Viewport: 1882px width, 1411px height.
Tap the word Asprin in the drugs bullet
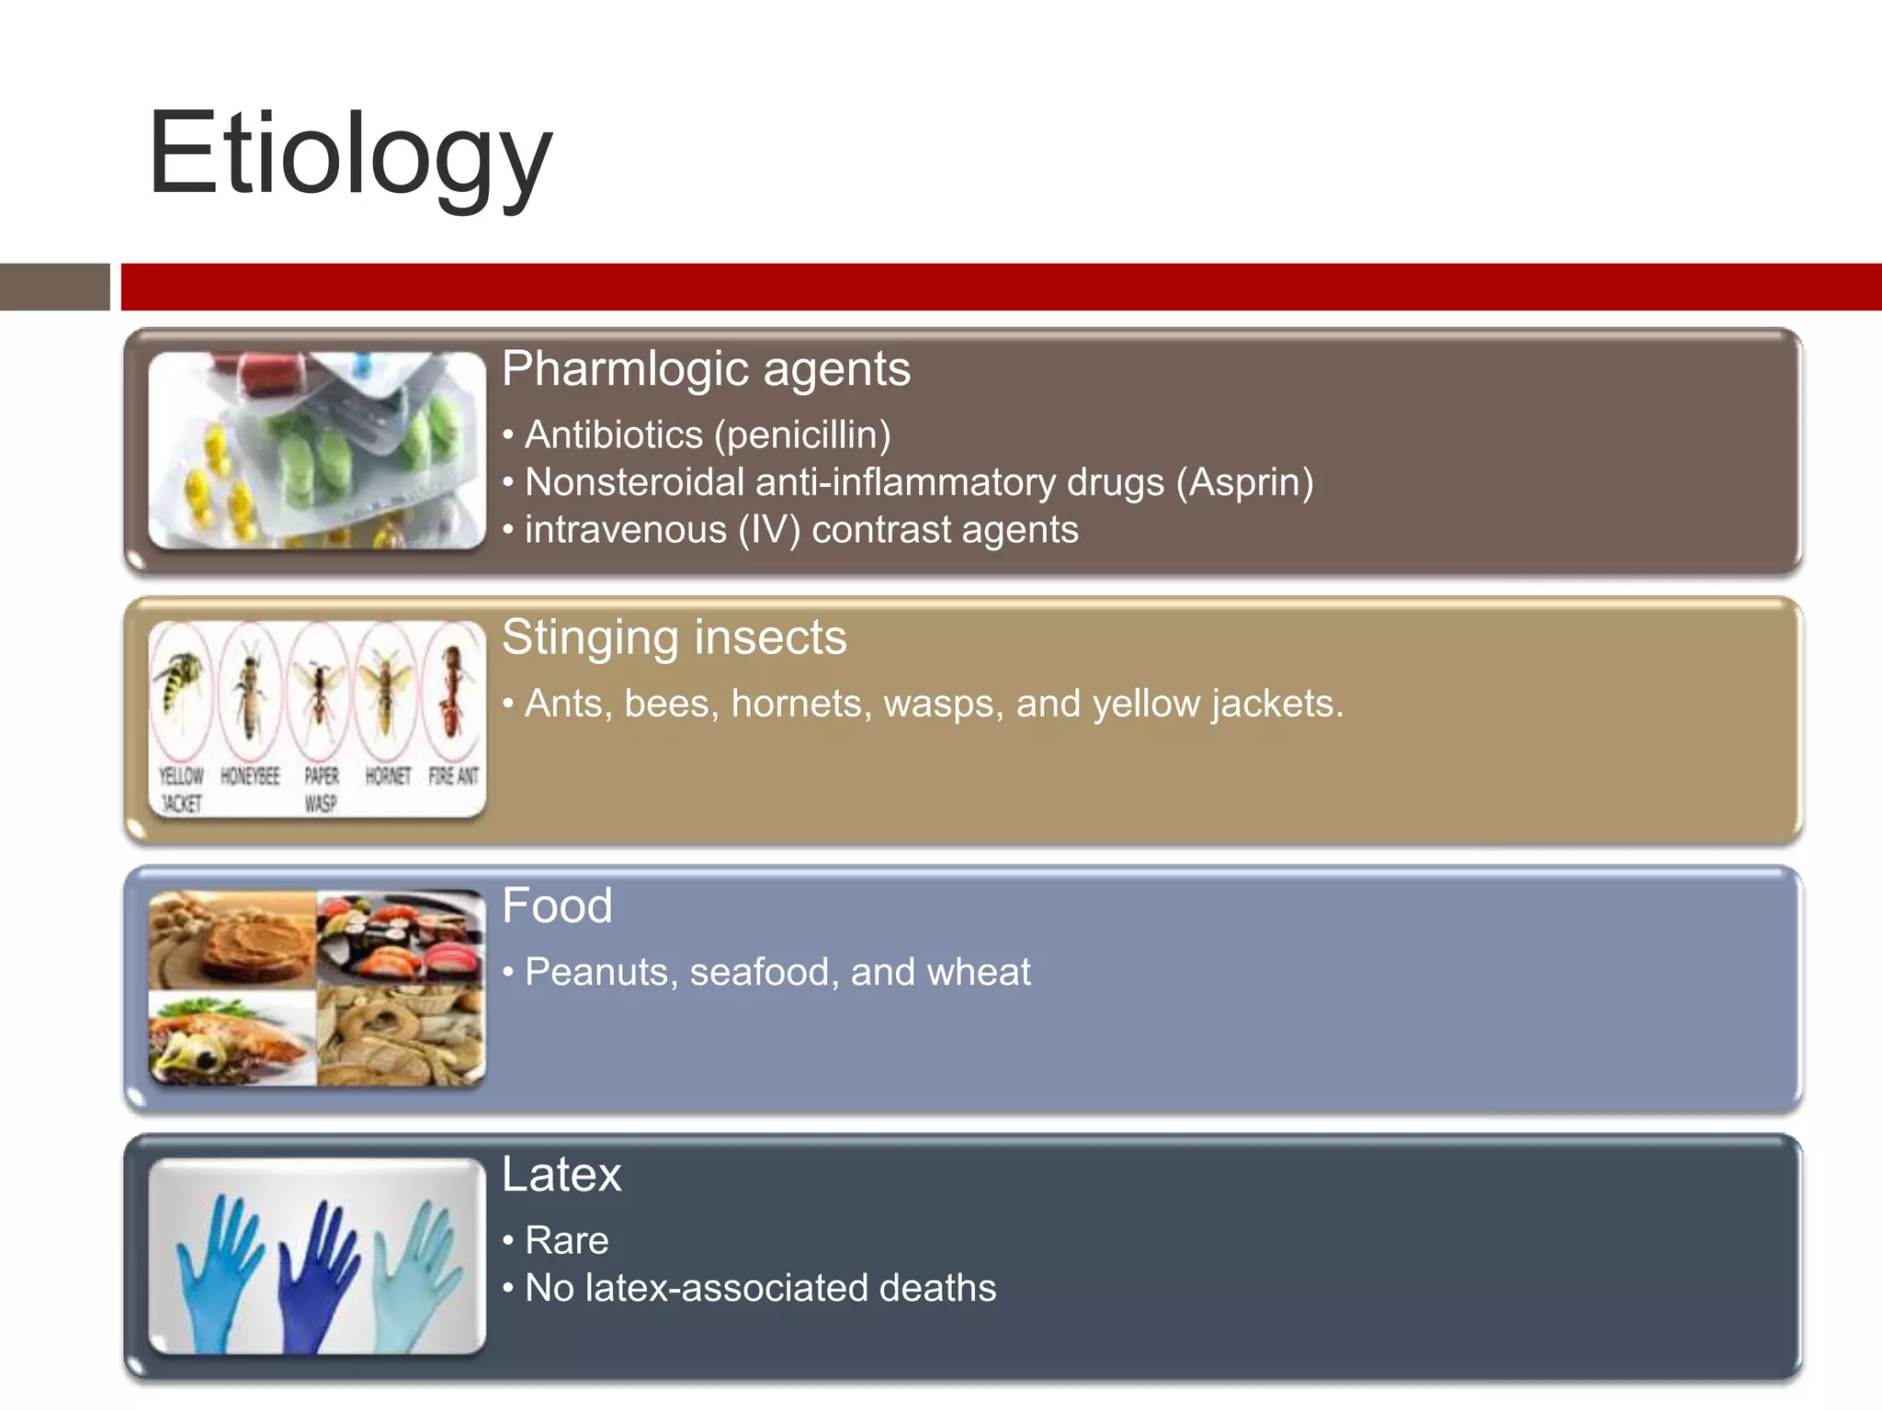(1245, 482)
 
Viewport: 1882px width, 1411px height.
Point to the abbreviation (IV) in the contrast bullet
(770, 530)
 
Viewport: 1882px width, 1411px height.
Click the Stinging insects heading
(674, 638)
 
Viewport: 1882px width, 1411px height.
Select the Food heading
(557, 906)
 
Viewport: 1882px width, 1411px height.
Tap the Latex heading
(561, 1174)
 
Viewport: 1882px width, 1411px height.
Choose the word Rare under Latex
(566, 1240)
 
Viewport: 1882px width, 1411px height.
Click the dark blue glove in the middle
(315, 1277)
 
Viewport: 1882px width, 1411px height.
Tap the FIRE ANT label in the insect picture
(454, 776)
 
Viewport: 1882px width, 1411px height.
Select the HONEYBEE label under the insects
(250, 776)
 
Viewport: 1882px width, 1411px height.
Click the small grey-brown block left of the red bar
(54, 287)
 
